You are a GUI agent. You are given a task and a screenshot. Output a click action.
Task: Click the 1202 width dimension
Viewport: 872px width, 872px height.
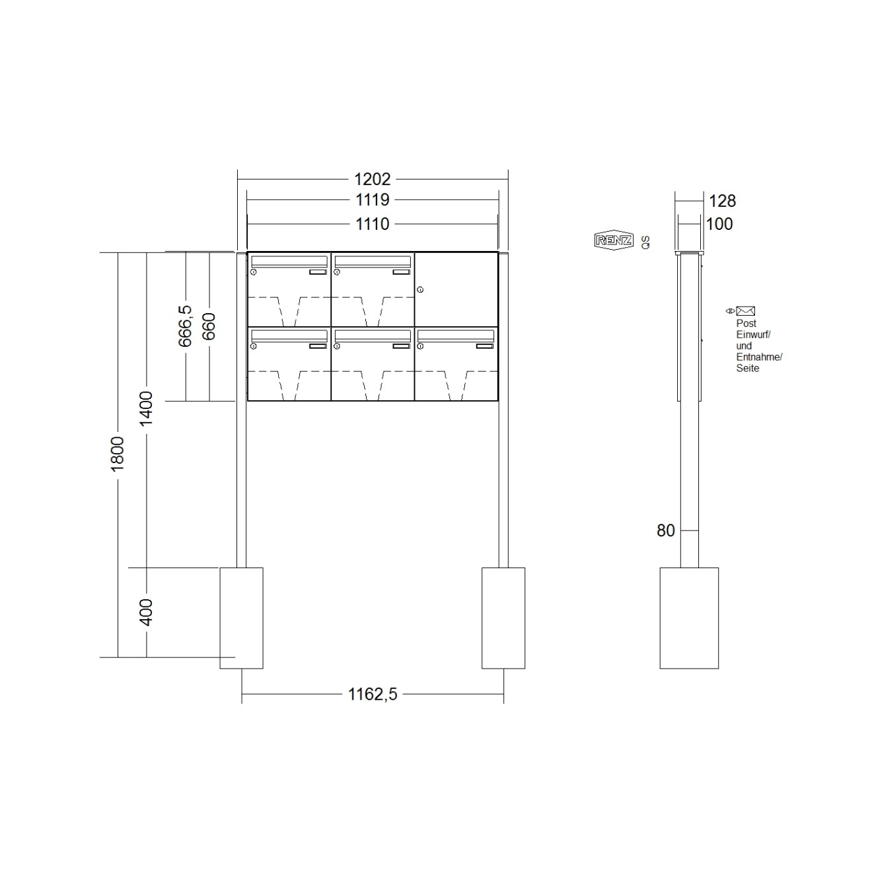click(373, 179)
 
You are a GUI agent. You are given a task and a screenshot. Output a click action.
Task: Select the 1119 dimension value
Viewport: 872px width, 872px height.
click(373, 200)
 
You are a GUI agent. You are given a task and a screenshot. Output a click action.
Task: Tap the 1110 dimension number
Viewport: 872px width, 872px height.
click(373, 225)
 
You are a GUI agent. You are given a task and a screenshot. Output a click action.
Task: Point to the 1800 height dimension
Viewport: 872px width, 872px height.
click(118, 453)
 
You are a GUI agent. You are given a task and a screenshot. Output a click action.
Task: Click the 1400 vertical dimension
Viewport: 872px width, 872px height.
click(147, 408)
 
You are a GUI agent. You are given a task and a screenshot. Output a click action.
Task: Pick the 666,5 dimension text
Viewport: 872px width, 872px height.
click(186, 326)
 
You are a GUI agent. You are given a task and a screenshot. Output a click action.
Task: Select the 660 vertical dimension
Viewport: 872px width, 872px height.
click(209, 326)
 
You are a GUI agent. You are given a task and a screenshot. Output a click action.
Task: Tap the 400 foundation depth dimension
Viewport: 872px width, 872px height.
click(147, 612)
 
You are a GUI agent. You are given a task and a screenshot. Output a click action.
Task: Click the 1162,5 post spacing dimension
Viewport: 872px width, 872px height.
click(373, 694)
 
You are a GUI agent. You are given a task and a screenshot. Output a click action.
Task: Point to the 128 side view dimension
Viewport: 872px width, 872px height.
click(722, 201)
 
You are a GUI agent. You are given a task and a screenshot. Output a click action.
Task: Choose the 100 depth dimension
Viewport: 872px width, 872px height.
click(719, 225)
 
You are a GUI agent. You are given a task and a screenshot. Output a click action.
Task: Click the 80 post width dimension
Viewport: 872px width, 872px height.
click(666, 530)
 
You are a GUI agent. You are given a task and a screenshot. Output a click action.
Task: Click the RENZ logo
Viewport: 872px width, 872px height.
click(614, 240)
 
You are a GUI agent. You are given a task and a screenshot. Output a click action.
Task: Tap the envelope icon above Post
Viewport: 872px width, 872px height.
click(746, 310)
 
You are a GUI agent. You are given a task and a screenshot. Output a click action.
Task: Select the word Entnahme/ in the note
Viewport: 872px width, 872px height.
click(759, 357)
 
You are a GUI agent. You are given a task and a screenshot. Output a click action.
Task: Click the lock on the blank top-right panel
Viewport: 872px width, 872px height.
click(420, 289)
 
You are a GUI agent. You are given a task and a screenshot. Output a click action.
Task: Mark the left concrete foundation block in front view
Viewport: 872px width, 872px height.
click(241, 618)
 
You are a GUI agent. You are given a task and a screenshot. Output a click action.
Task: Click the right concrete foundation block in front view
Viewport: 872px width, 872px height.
click(503, 618)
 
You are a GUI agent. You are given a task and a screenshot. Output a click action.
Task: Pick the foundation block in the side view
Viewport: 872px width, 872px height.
click(689, 618)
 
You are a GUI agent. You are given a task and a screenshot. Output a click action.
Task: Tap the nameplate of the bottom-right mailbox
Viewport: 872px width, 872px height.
click(485, 345)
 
